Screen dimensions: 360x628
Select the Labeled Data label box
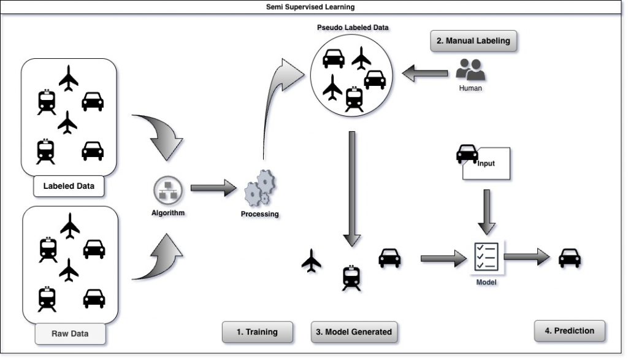coord(69,186)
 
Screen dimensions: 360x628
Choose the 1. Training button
coord(257,332)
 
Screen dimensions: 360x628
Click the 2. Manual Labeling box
coord(473,41)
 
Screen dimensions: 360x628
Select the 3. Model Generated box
coord(353,332)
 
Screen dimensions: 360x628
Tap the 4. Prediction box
coord(569,331)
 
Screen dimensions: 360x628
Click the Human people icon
coord(471,70)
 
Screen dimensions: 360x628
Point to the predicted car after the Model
coord(570,258)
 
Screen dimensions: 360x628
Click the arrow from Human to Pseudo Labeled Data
coord(426,74)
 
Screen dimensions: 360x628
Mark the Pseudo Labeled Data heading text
coord(353,28)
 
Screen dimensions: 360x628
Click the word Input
coord(486,164)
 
